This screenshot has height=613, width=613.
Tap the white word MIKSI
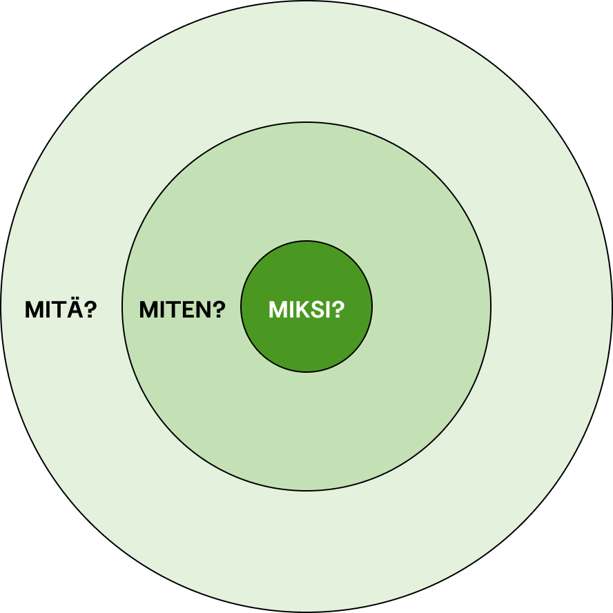click(300, 310)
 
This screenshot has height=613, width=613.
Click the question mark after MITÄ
click(90, 310)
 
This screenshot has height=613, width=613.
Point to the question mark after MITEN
click(220, 310)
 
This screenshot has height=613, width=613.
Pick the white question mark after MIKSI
click(338, 310)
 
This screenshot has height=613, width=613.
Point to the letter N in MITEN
click(203, 310)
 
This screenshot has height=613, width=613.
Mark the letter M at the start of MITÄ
click(35, 310)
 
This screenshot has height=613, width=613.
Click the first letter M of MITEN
click(149, 310)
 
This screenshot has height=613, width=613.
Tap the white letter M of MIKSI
click(278, 310)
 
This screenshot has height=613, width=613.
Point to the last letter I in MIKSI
click(329, 310)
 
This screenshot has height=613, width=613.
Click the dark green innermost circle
click(306, 306)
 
